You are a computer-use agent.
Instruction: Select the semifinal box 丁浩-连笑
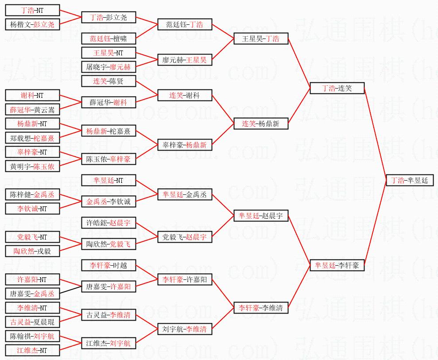click(337, 88)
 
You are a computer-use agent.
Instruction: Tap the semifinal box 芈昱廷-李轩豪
click(337, 265)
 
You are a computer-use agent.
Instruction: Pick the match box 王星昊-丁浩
click(261, 39)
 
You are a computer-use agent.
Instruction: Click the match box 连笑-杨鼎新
click(261, 124)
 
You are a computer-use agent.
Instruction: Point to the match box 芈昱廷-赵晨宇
click(261, 216)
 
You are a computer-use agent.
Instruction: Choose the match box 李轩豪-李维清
click(261, 308)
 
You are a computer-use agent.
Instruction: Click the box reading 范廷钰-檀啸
click(109, 39)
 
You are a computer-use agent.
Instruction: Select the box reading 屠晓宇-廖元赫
click(109, 67)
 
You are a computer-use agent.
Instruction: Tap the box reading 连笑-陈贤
click(109, 81)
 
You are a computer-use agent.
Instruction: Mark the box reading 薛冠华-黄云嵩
click(32, 109)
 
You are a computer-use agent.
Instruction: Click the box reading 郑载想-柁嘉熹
click(32, 138)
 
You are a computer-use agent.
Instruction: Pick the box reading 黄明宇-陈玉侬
click(32, 166)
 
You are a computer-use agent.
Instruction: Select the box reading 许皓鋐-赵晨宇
click(109, 223)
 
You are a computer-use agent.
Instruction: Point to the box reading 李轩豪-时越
click(109, 265)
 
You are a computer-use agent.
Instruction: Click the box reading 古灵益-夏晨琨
click(32, 322)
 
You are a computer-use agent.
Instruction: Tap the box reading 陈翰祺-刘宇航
click(32, 336)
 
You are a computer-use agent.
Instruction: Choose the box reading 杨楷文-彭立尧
click(32, 24)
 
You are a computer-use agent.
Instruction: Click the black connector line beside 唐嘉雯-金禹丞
click(70, 290)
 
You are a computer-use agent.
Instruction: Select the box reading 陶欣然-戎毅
click(32, 251)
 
